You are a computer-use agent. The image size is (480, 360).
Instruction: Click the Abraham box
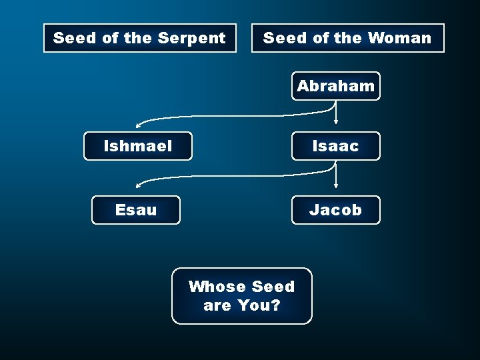(x=335, y=86)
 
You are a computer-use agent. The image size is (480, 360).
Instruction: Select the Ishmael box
(x=138, y=145)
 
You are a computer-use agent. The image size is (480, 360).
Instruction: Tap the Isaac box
(x=335, y=145)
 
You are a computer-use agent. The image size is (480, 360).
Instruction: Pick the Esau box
(x=135, y=210)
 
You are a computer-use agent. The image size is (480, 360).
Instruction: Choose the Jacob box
(x=335, y=210)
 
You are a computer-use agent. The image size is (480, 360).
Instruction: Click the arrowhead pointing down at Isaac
(x=336, y=123)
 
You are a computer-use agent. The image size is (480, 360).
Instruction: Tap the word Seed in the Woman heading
(x=283, y=38)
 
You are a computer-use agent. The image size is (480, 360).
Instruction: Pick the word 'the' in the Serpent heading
(x=138, y=38)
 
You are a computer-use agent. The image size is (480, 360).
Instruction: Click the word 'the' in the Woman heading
(x=349, y=38)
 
